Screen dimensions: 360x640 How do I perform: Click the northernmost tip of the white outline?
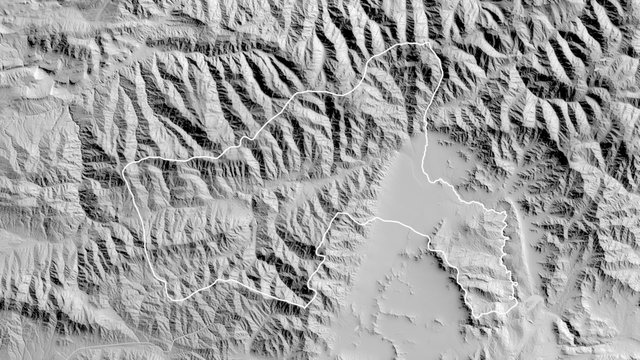pos(430,43)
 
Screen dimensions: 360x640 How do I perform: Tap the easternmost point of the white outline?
pos(517,300)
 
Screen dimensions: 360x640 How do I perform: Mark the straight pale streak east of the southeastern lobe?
pos(519,240)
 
